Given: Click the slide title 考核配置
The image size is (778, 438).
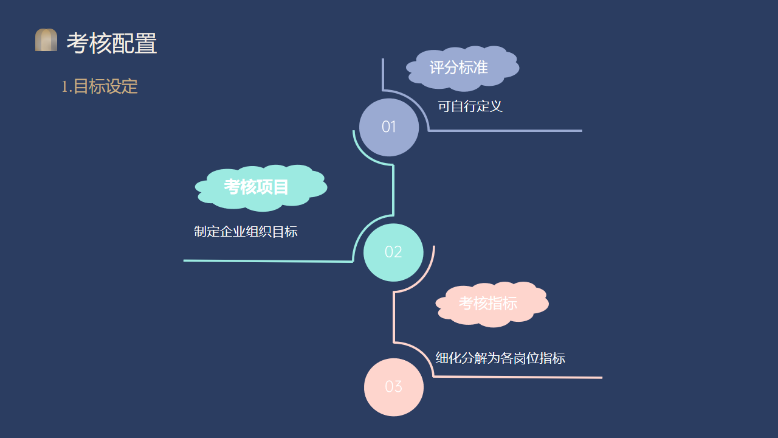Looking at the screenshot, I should (112, 43).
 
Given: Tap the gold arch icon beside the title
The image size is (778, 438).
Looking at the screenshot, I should (46, 40).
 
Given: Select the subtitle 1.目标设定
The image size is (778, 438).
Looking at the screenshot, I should (100, 86).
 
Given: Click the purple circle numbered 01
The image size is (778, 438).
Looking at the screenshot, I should (389, 127).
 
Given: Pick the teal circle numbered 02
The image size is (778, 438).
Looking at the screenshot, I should (393, 252).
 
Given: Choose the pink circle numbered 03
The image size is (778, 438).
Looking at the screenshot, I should (393, 387).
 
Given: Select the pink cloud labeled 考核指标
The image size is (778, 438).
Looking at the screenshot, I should (489, 304).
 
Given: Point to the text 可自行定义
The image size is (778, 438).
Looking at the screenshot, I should (470, 106).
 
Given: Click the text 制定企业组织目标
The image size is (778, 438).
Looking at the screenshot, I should (246, 232).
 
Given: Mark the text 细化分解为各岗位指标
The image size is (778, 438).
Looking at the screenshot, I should (500, 358).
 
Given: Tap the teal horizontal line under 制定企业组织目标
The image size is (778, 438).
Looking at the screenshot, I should (267, 261).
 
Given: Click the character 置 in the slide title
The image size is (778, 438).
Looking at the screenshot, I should (146, 43).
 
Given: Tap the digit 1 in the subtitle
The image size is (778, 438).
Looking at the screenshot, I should (64, 87).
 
